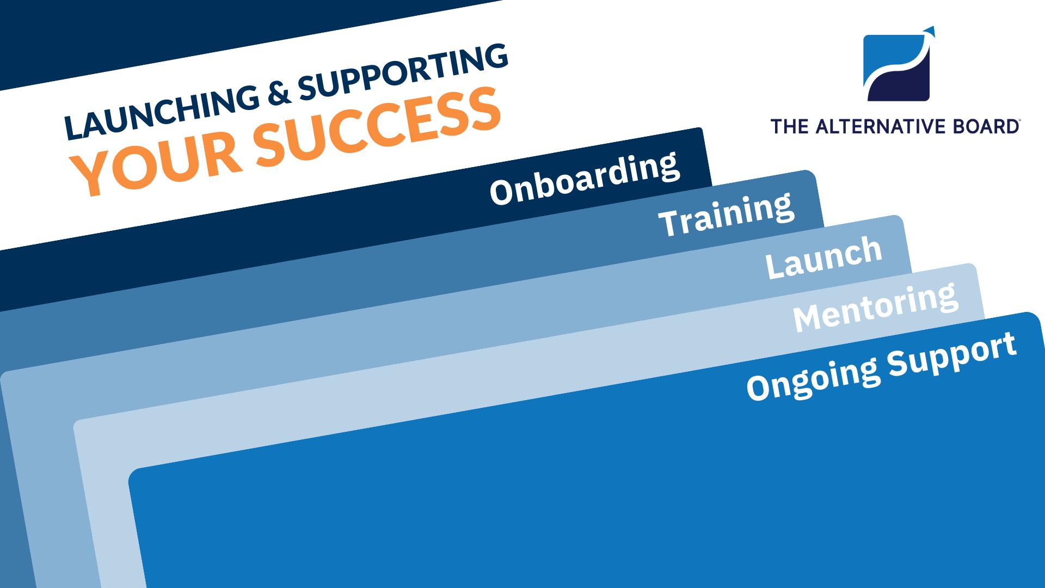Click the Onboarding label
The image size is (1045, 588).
(x=585, y=178)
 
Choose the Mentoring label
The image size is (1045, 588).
(x=875, y=306)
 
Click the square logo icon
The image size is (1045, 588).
(x=896, y=68)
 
